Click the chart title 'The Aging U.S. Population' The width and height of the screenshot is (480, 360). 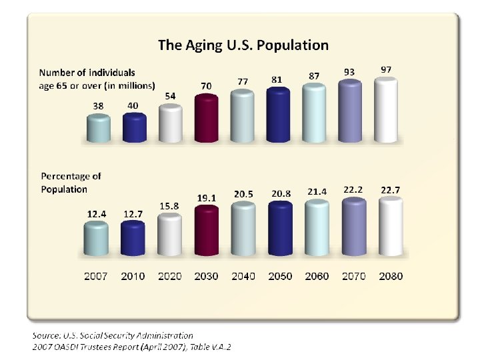pyautogui.click(x=243, y=45)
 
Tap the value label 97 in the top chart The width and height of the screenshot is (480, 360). pyautogui.click(x=386, y=69)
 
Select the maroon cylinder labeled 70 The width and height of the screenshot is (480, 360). pyautogui.click(x=207, y=118)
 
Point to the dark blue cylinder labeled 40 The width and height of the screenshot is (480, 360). pyautogui.click(x=134, y=128)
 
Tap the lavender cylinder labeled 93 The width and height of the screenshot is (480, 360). pyautogui.click(x=350, y=111)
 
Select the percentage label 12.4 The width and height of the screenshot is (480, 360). pyautogui.click(x=97, y=213)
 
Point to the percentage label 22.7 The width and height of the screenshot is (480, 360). pyautogui.click(x=391, y=190)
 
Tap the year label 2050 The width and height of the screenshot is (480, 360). pyautogui.click(x=281, y=276)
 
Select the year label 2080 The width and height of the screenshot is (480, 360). pyautogui.click(x=391, y=276)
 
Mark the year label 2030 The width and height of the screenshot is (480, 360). pyautogui.click(x=207, y=276)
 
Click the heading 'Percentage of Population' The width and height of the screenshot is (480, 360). pyautogui.click(x=71, y=183)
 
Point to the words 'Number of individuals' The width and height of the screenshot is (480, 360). pyautogui.click(x=87, y=72)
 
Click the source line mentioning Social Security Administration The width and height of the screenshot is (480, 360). pyautogui.click(x=113, y=335)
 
